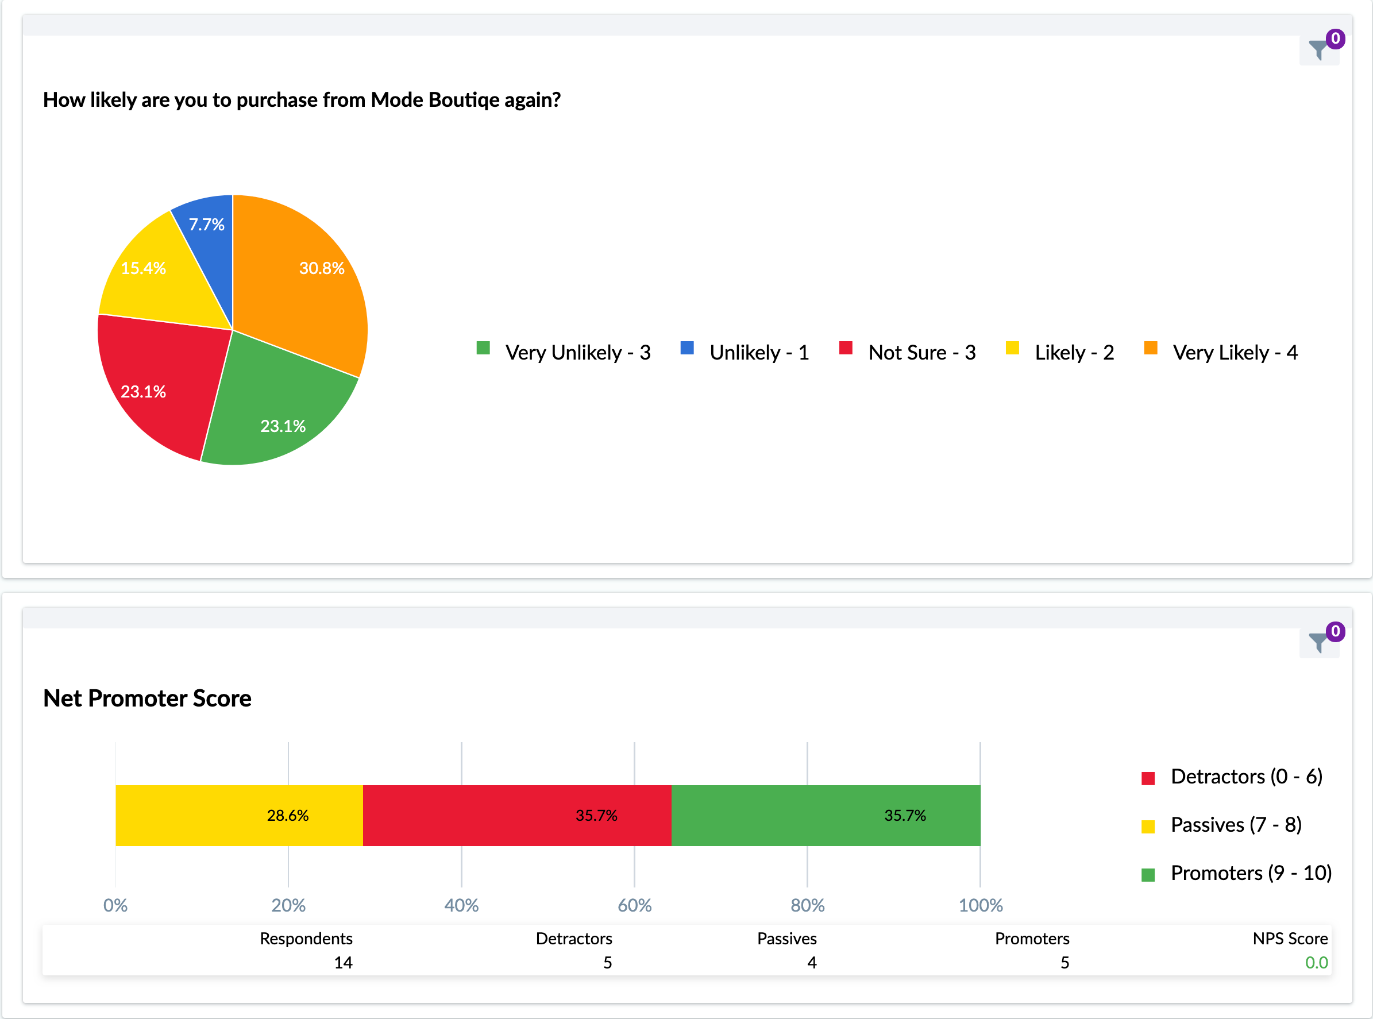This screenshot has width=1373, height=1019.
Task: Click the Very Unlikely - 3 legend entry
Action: (x=564, y=352)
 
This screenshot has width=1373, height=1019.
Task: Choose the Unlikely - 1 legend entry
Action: (x=745, y=352)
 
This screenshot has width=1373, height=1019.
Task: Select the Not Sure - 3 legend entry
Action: (x=908, y=352)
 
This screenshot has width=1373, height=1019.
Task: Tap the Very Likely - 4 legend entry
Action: (x=1221, y=352)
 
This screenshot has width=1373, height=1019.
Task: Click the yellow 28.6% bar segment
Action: (x=239, y=816)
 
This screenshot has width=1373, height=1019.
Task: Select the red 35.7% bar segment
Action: (x=517, y=816)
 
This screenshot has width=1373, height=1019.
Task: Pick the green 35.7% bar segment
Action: (x=826, y=816)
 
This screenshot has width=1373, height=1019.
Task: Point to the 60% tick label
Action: (x=634, y=905)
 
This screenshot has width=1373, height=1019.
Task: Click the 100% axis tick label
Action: (x=980, y=905)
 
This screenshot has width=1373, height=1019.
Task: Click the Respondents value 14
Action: (x=343, y=962)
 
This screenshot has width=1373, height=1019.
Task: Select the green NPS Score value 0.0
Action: (x=1316, y=962)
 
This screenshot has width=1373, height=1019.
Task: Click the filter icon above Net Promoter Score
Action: (x=1318, y=642)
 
